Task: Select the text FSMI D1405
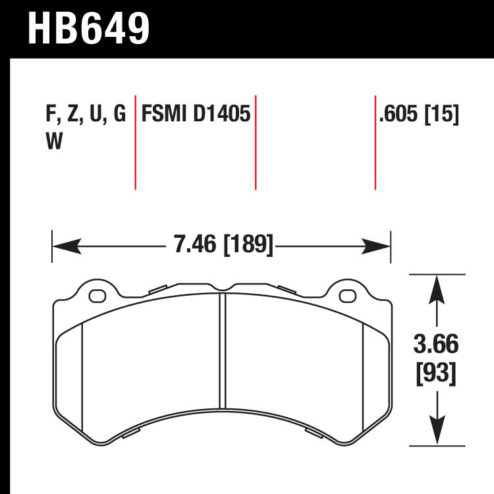pyautogui.click(x=196, y=115)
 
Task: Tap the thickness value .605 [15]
pyautogui.click(x=418, y=115)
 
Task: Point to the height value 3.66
pyautogui.click(x=436, y=344)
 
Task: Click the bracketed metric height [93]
pyautogui.click(x=436, y=373)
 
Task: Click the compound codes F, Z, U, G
pyautogui.click(x=85, y=115)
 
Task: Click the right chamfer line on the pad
pyautogui.click(x=364, y=375)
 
